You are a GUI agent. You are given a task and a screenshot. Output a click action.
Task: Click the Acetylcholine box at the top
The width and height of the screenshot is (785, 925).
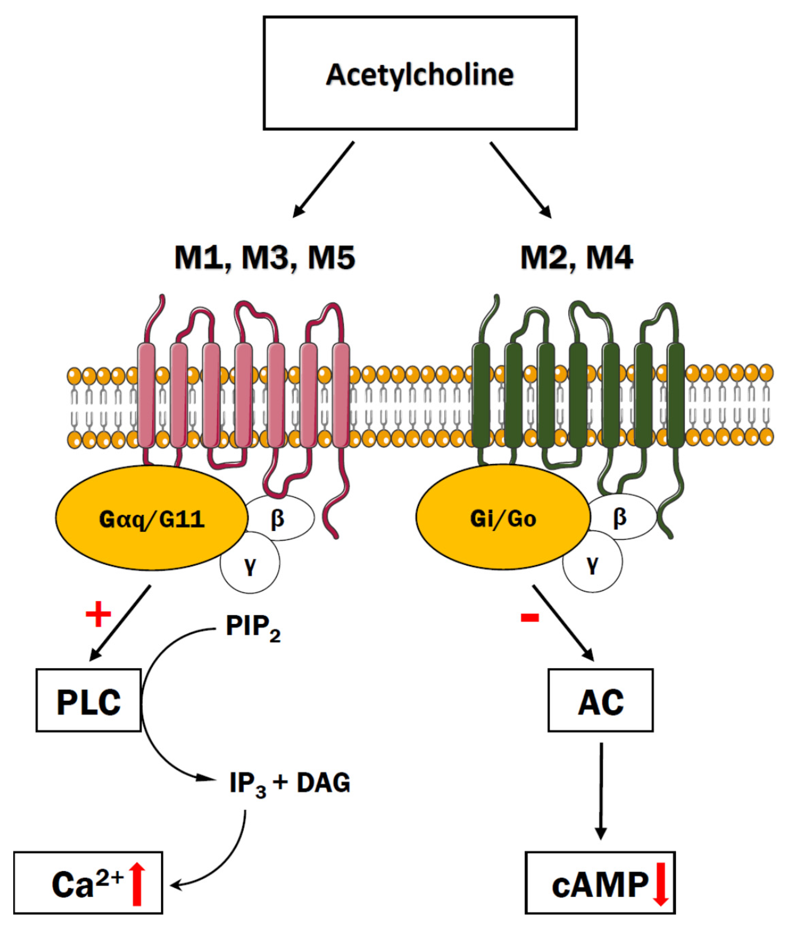click(420, 74)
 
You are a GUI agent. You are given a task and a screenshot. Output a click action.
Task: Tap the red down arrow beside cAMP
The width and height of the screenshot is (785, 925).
click(661, 884)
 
